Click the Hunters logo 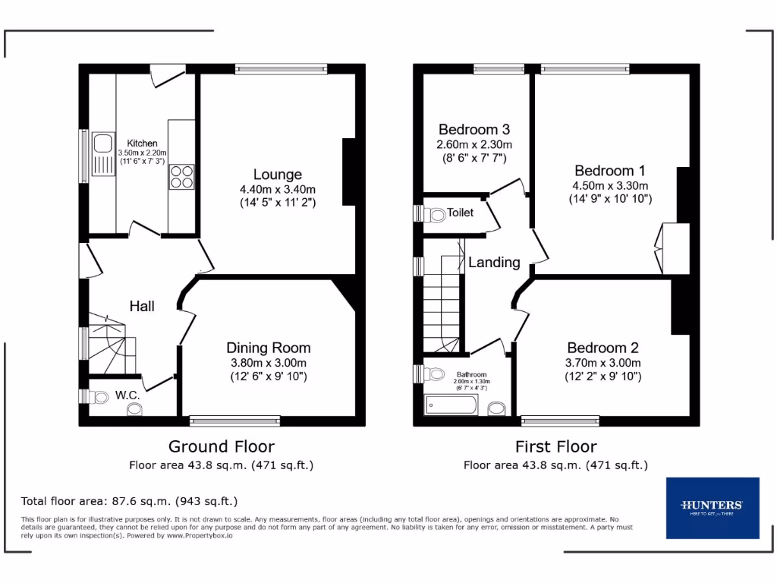(x=712, y=507)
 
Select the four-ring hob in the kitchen (x=182, y=177)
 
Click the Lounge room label (x=277, y=175)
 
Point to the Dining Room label (x=269, y=348)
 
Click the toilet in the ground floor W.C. (x=99, y=396)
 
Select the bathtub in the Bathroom (x=452, y=405)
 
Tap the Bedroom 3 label (x=473, y=129)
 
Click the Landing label (x=494, y=263)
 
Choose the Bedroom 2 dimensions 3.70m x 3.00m (x=602, y=363)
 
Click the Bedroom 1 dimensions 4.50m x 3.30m (x=611, y=185)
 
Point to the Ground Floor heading (x=221, y=446)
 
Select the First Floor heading (x=555, y=446)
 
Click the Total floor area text (x=130, y=501)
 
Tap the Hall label (x=142, y=306)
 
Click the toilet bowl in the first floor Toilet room (x=436, y=215)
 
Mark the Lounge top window (x=281, y=69)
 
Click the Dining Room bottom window (x=234, y=420)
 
